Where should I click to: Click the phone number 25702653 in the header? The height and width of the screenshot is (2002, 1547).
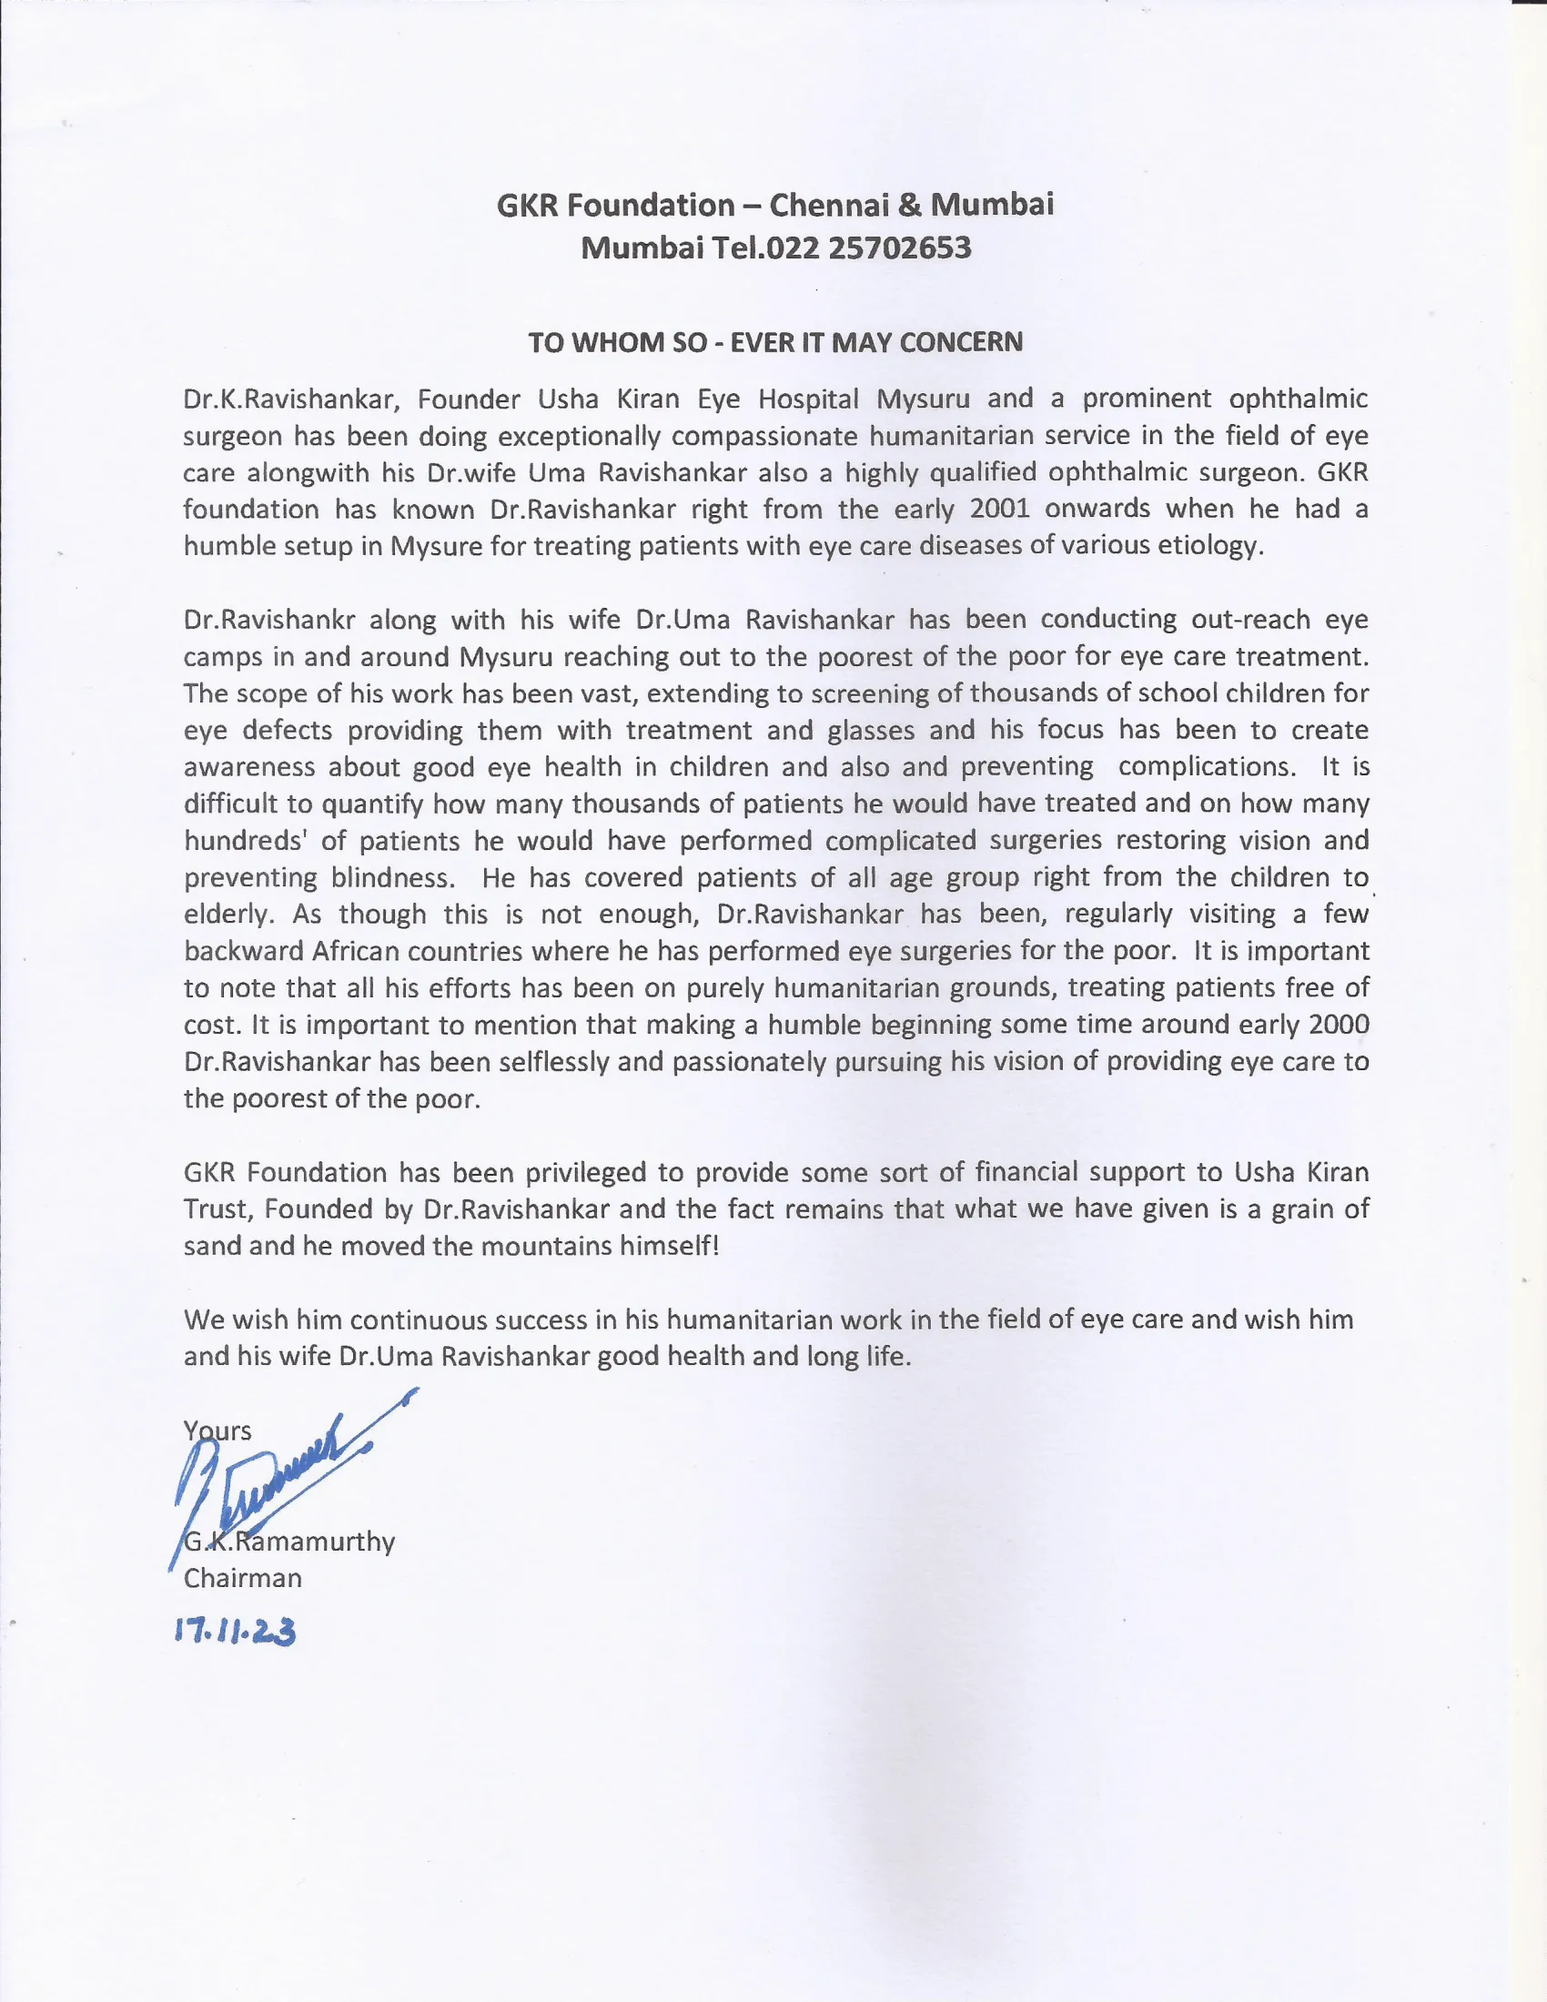[899, 248]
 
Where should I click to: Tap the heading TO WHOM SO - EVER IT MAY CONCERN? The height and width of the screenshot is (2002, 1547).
[774, 342]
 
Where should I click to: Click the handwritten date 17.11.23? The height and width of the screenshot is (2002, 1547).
[236, 1632]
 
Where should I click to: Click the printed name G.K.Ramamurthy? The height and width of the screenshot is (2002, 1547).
[289, 1541]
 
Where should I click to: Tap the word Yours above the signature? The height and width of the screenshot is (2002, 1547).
[217, 1431]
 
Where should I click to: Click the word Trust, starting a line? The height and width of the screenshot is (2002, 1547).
[217, 1210]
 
